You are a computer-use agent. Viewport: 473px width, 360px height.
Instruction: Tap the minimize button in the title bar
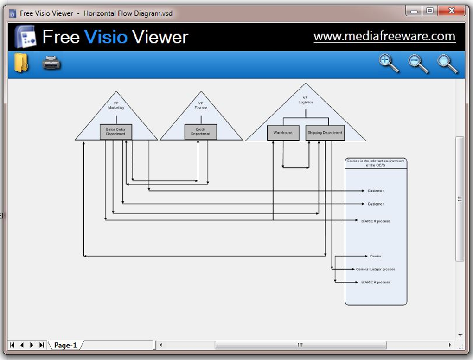tap(414, 11)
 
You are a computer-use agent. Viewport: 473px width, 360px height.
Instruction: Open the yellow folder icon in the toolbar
tap(21, 63)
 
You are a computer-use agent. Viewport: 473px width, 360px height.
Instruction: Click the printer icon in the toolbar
tap(51, 63)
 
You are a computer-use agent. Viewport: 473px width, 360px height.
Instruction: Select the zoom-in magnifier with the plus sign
tap(389, 63)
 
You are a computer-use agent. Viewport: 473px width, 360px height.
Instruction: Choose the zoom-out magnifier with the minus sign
tap(418, 64)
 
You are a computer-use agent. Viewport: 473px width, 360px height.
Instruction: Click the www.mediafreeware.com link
tap(384, 36)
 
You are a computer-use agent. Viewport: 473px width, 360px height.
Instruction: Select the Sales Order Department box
tap(116, 132)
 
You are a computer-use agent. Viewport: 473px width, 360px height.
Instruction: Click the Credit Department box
tap(200, 132)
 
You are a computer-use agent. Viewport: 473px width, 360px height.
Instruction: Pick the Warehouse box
tap(283, 133)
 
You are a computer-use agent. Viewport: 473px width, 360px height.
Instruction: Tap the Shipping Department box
tap(325, 133)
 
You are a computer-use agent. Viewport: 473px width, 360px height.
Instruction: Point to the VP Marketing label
tap(116, 105)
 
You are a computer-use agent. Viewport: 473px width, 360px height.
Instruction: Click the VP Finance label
tap(201, 105)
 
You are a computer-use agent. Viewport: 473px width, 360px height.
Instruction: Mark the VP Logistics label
tap(305, 100)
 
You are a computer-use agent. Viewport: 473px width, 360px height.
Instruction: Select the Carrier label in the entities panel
tap(376, 256)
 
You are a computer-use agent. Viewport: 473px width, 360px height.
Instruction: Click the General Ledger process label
tap(376, 269)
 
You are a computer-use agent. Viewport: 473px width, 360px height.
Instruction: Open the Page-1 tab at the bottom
tap(65, 345)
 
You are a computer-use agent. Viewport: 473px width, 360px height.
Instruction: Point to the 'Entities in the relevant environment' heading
tap(376, 163)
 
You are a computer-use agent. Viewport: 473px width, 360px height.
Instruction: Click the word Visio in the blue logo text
tap(106, 37)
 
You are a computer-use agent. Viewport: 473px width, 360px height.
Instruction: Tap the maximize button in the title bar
tap(430, 11)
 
